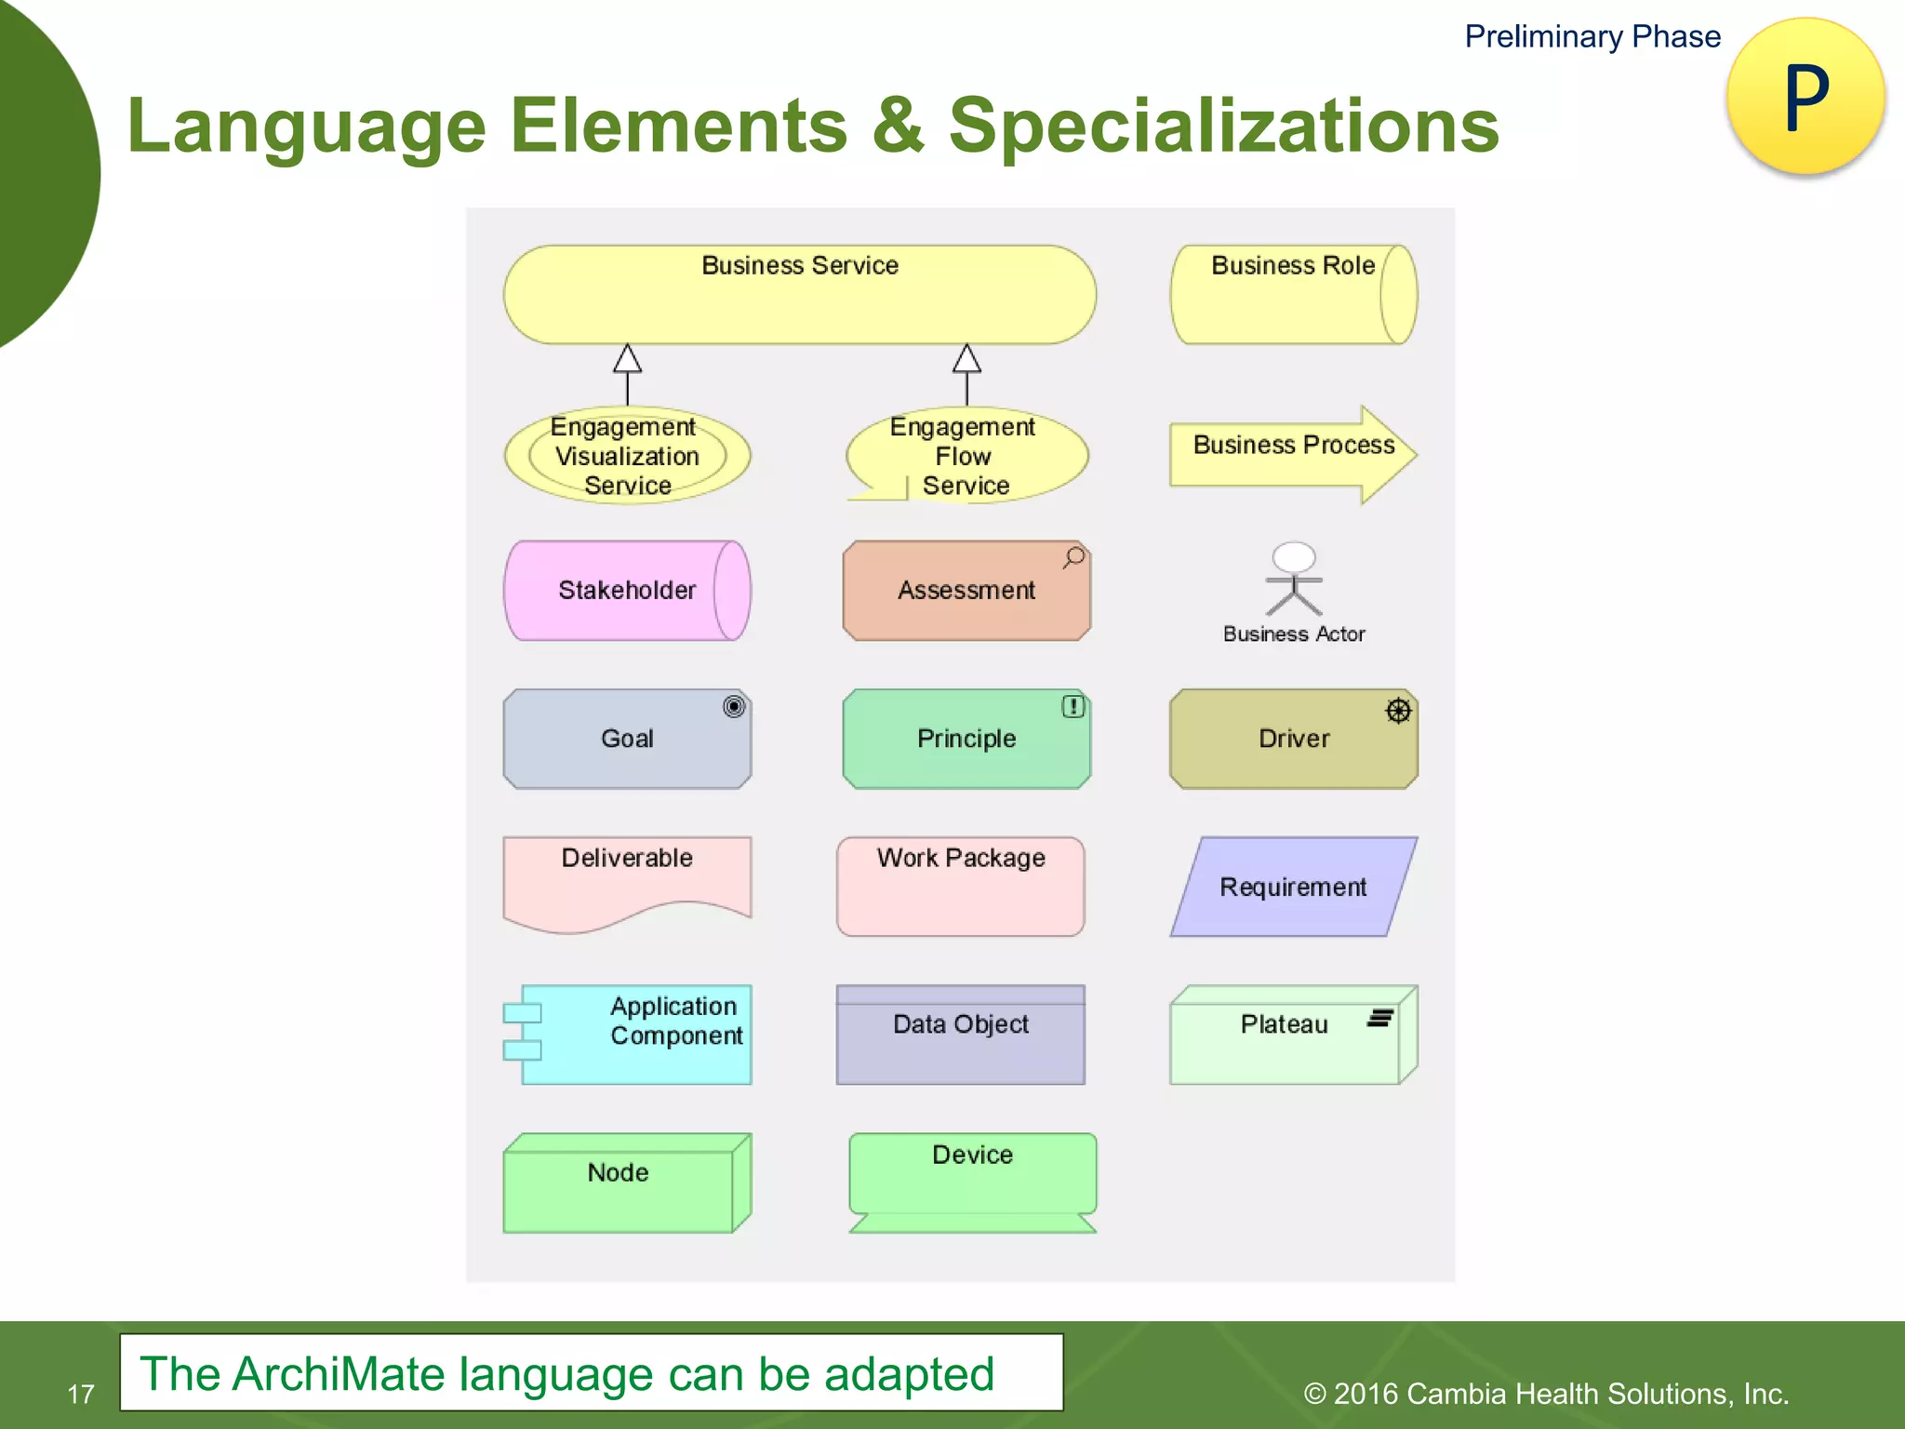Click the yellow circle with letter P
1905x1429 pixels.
tap(1805, 96)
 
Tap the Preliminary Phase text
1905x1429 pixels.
tap(1592, 36)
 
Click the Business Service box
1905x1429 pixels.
tap(799, 295)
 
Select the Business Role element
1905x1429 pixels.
tap(1293, 295)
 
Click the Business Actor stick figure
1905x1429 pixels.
tap(1293, 580)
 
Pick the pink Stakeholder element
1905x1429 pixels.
tap(627, 591)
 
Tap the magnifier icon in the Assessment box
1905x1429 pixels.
tap(1074, 557)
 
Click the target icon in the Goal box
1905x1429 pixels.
tap(734, 707)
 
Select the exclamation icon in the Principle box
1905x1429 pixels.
tap(1073, 707)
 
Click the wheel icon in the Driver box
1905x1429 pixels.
tap(1398, 711)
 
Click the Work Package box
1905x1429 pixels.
tap(961, 887)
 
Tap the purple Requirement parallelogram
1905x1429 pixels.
tap(1293, 887)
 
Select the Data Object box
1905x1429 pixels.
tap(961, 1035)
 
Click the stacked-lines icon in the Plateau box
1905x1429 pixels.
tap(1379, 1019)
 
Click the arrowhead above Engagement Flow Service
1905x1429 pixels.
tap(966, 359)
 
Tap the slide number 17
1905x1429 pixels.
tap(81, 1394)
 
